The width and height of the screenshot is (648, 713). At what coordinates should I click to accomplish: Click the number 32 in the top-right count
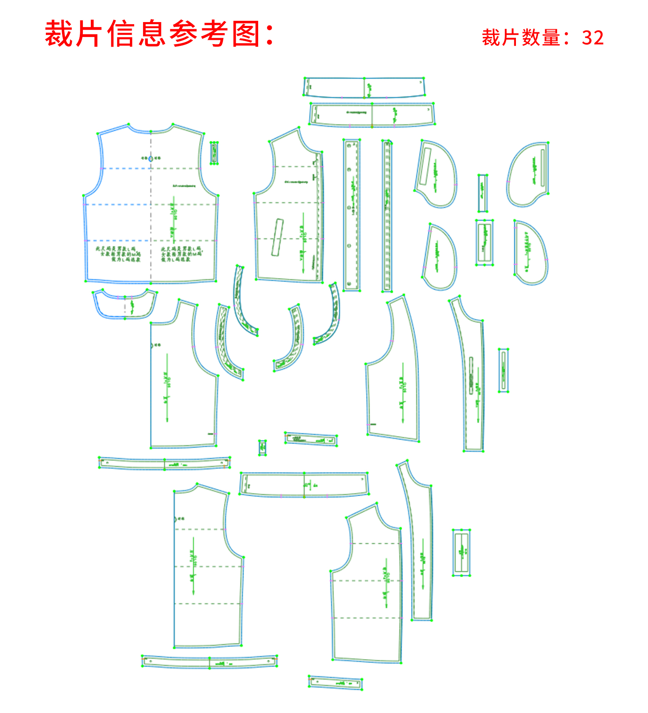pos(593,38)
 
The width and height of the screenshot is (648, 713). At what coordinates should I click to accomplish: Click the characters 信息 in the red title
pos(136,34)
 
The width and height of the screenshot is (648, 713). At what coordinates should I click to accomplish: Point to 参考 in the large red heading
pos(199,34)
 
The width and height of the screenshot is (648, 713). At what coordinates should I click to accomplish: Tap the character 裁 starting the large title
pos(59,34)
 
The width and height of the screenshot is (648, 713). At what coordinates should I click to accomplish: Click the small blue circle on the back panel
pos(150,158)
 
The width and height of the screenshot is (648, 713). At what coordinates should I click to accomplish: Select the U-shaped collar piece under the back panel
pos(124,305)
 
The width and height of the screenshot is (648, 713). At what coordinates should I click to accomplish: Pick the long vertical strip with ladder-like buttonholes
pos(387,216)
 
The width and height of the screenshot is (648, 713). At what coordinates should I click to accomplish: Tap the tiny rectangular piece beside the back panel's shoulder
pos(214,153)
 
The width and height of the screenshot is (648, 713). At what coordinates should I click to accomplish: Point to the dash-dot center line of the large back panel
pos(151,221)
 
